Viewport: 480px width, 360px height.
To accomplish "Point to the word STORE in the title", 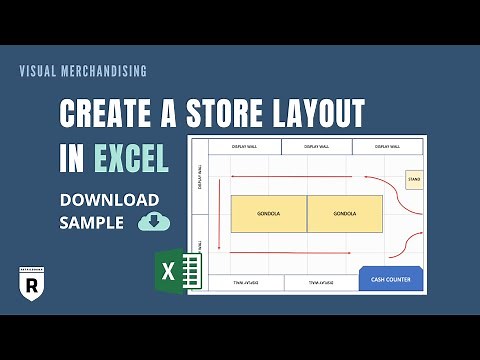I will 222,113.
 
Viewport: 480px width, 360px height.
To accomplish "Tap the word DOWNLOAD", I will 109,199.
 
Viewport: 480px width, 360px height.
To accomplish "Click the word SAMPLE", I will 91,221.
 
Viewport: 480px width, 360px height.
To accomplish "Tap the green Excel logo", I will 181,270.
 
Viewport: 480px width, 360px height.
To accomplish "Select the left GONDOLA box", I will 268,213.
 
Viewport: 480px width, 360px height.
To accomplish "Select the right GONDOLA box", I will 345,213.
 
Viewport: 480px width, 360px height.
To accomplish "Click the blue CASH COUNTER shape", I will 391,278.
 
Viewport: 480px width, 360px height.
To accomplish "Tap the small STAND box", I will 412,180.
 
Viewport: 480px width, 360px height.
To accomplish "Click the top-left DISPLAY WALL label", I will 244,147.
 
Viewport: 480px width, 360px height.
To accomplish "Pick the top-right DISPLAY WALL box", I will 390,147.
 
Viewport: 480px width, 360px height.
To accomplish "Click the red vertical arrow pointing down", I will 219,215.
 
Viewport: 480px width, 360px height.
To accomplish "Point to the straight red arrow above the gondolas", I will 300,176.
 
